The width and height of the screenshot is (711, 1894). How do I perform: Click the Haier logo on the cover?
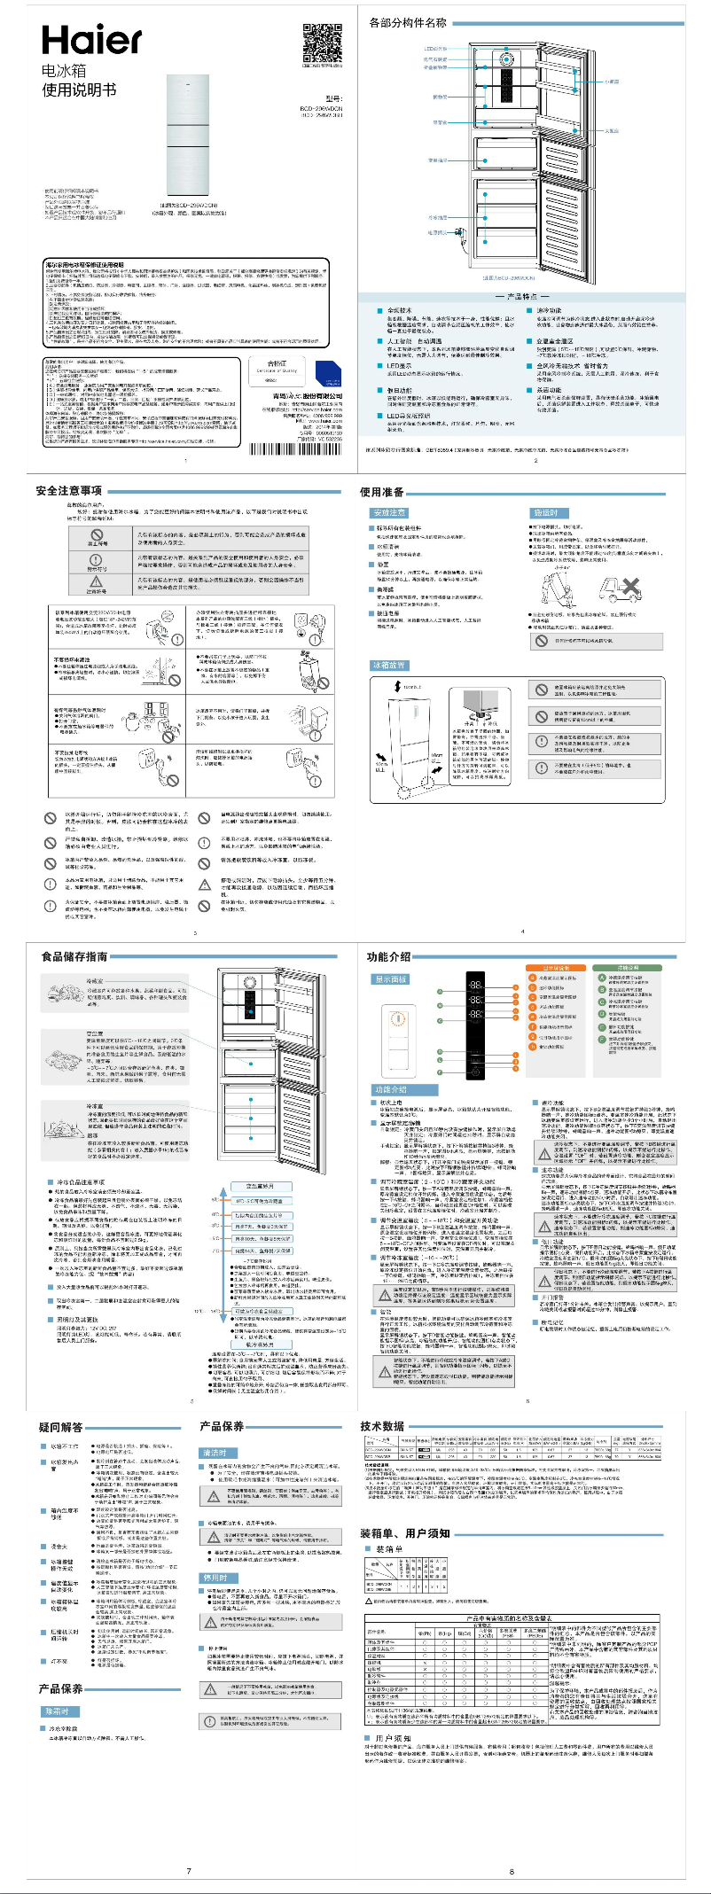(91, 41)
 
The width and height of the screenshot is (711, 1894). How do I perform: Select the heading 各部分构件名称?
(408, 22)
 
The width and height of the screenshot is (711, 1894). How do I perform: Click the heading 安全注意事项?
(68, 491)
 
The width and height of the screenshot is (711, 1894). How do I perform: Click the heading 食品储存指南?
(74, 956)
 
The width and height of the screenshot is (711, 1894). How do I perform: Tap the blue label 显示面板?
(390, 979)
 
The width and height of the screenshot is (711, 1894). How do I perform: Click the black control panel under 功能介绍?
(476, 1018)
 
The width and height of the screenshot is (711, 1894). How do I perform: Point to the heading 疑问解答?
(60, 1427)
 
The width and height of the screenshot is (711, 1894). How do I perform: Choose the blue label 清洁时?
(215, 1453)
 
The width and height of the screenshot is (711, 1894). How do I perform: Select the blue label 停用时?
(215, 1578)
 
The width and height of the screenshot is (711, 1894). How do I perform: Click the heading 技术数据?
(382, 1426)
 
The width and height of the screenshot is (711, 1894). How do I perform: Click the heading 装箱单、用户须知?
(404, 1533)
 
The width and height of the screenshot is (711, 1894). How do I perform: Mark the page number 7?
(188, 1871)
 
